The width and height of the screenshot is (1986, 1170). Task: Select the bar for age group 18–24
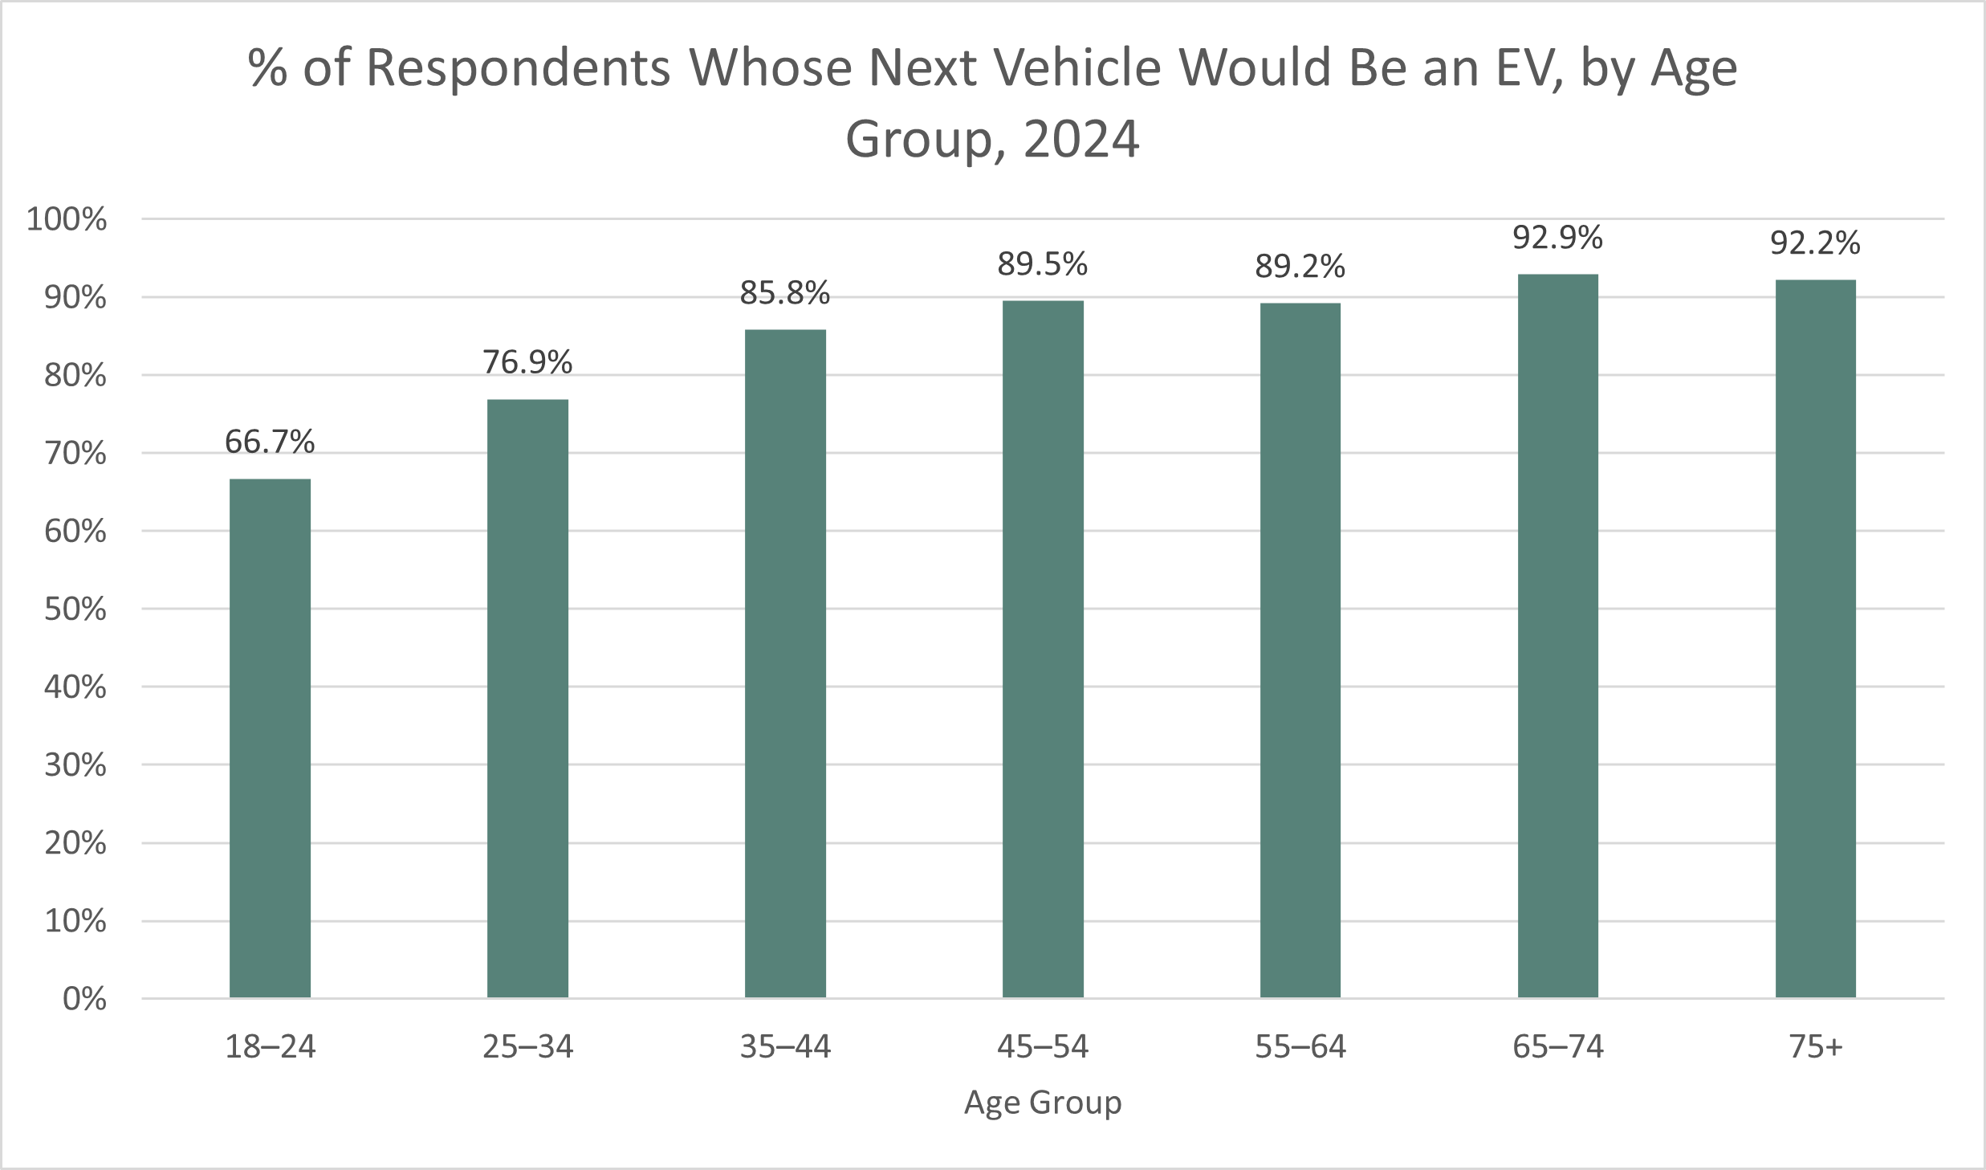coord(270,739)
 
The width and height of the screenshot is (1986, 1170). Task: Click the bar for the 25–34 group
coord(527,699)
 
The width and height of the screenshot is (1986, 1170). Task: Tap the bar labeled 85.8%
coord(785,663)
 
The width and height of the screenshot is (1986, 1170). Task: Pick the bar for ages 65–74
coord(1557,636)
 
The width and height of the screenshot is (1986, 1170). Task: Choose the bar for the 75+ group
coord(1815,638)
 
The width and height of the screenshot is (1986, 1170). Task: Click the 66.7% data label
coord(270,442)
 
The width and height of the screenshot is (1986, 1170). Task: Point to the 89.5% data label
coord(1042,264)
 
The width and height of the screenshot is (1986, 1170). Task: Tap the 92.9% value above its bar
coord(1557,238)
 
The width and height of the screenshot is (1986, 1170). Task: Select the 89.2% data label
coord(1300,267)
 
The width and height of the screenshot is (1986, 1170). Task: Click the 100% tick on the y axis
coord(67,219)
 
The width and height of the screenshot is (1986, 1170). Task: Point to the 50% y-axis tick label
coord(75,609)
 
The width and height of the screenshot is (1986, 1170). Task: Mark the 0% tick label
coord(84,999)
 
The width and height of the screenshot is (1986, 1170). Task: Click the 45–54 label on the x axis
coord(1042,1046)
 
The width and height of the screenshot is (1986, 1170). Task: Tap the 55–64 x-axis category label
coord(1300,1046)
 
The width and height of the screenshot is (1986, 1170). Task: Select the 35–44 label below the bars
coord(785,1046)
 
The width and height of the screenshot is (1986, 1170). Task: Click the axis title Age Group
coord(1042,1103)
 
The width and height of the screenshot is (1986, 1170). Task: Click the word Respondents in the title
coord(519,68)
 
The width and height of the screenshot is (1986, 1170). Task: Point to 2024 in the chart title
coord(1081,140)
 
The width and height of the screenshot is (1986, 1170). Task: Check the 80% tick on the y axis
coord(75,376)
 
